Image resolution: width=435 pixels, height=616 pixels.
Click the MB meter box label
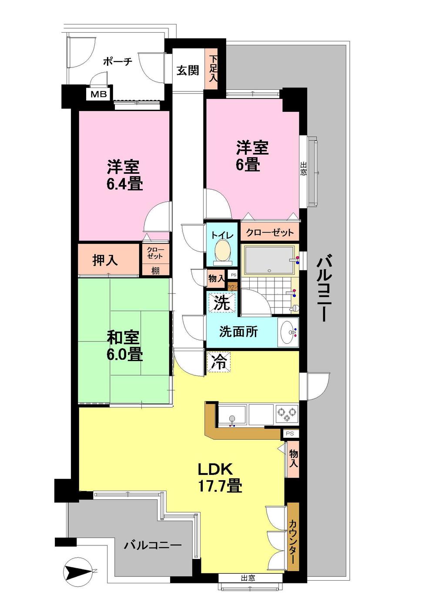coord(100,95)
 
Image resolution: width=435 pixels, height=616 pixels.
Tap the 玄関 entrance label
coord(188,70)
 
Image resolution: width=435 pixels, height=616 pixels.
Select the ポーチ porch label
coord(117,61)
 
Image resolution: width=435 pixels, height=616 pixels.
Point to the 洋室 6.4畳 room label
coord(124,175)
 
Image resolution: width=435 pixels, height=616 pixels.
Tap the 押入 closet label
coord(106,260)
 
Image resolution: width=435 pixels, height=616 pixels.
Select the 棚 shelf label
coord(155,271)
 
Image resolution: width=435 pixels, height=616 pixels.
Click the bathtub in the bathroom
coord(268,261)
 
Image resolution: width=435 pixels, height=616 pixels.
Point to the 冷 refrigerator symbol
coord(219,362)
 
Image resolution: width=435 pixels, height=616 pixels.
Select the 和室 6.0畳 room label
coord(124,346)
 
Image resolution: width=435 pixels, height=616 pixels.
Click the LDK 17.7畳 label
coord(220,477)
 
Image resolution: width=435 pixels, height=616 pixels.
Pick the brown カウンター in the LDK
coord(293,537)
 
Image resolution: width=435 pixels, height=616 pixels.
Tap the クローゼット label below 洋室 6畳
coord(270,233)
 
